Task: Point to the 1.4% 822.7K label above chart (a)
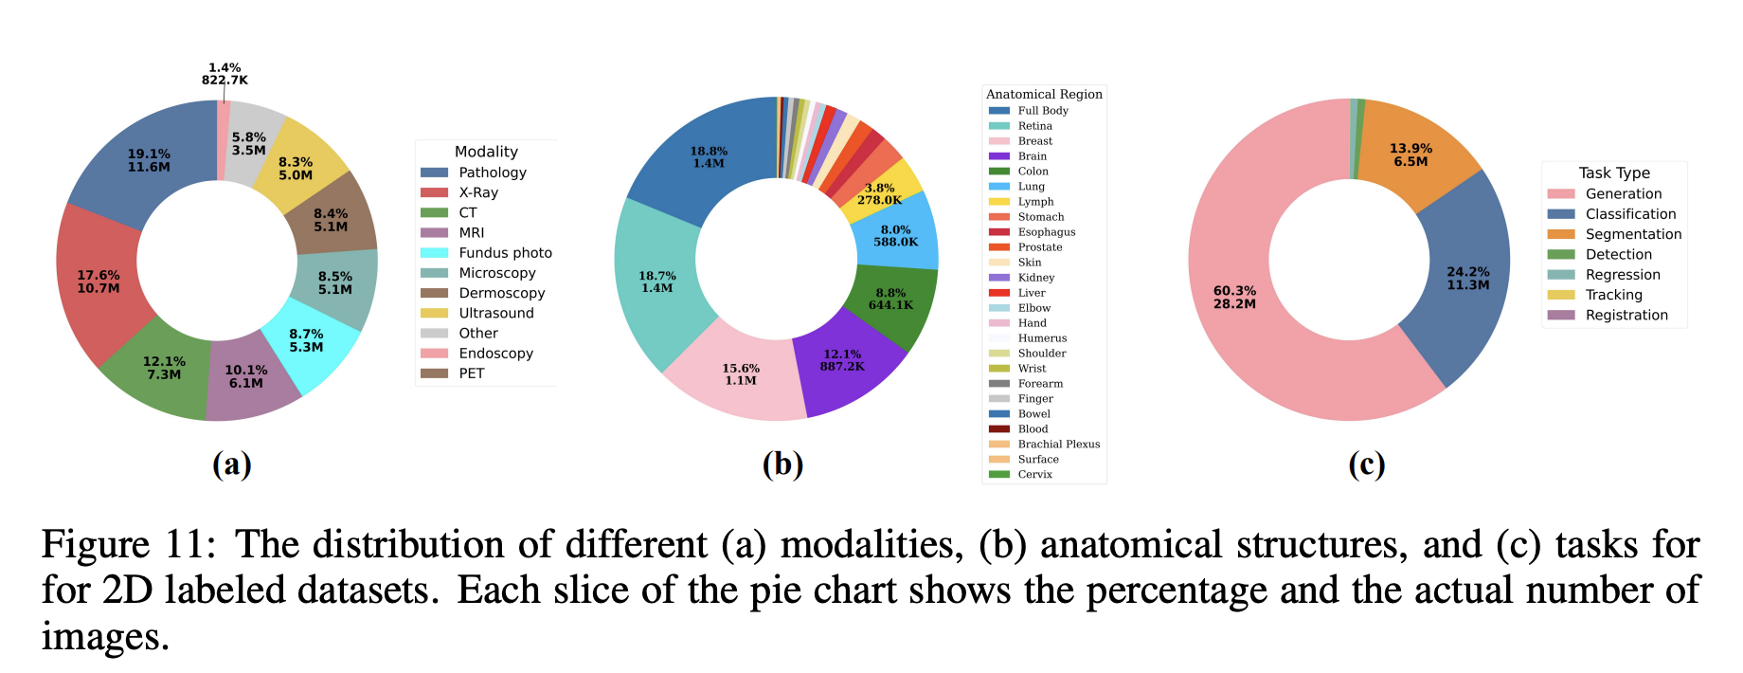225,74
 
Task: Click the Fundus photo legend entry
486,253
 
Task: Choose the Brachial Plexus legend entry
1044,445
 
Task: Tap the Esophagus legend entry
1032,232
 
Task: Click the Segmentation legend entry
1614,234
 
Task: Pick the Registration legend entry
1608,315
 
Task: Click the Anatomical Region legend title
1044,94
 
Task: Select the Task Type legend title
1614,173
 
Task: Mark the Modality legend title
486,152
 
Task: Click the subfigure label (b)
782,464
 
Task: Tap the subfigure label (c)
1366,464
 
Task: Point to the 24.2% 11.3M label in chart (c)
1467,279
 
